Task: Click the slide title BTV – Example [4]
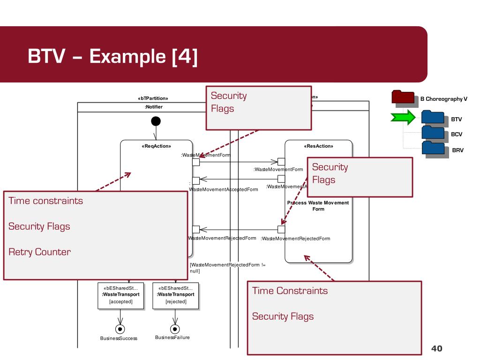pyautogui.click(x=112, y=57)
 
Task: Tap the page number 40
pyautogui.click(x=436, y=348)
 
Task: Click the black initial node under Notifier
pyautogui.click(x=156, y=121)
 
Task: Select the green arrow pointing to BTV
pyautogui.click(x=403, y=117)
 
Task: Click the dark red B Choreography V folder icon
pyautogui.click(x=403, y=97)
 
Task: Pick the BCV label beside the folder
pyautogui.click(x=456, y=134)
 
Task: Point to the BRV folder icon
pyautogui.click(x=433, y=148)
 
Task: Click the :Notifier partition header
pyautogui.click(x=154, y=107)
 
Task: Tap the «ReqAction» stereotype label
pyautogui.click(x=156, y=146)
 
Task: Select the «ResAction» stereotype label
pyautogui.click(x=319, y=146)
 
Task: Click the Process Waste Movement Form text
pyautogui.click(x=318, y=206)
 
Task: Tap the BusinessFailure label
pyautogui.click(x=172, y=337)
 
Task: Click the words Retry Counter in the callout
pyautogui.click(x=40, y=252)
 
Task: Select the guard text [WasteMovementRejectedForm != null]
pyautogui.click(x=227, y=268)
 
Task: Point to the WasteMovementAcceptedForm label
pyautogui.click(x=223, y=189)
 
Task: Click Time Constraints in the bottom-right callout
pyautogui.click(x=290, y=291)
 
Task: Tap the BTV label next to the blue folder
pyautogui.click(x=456, y=120)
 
